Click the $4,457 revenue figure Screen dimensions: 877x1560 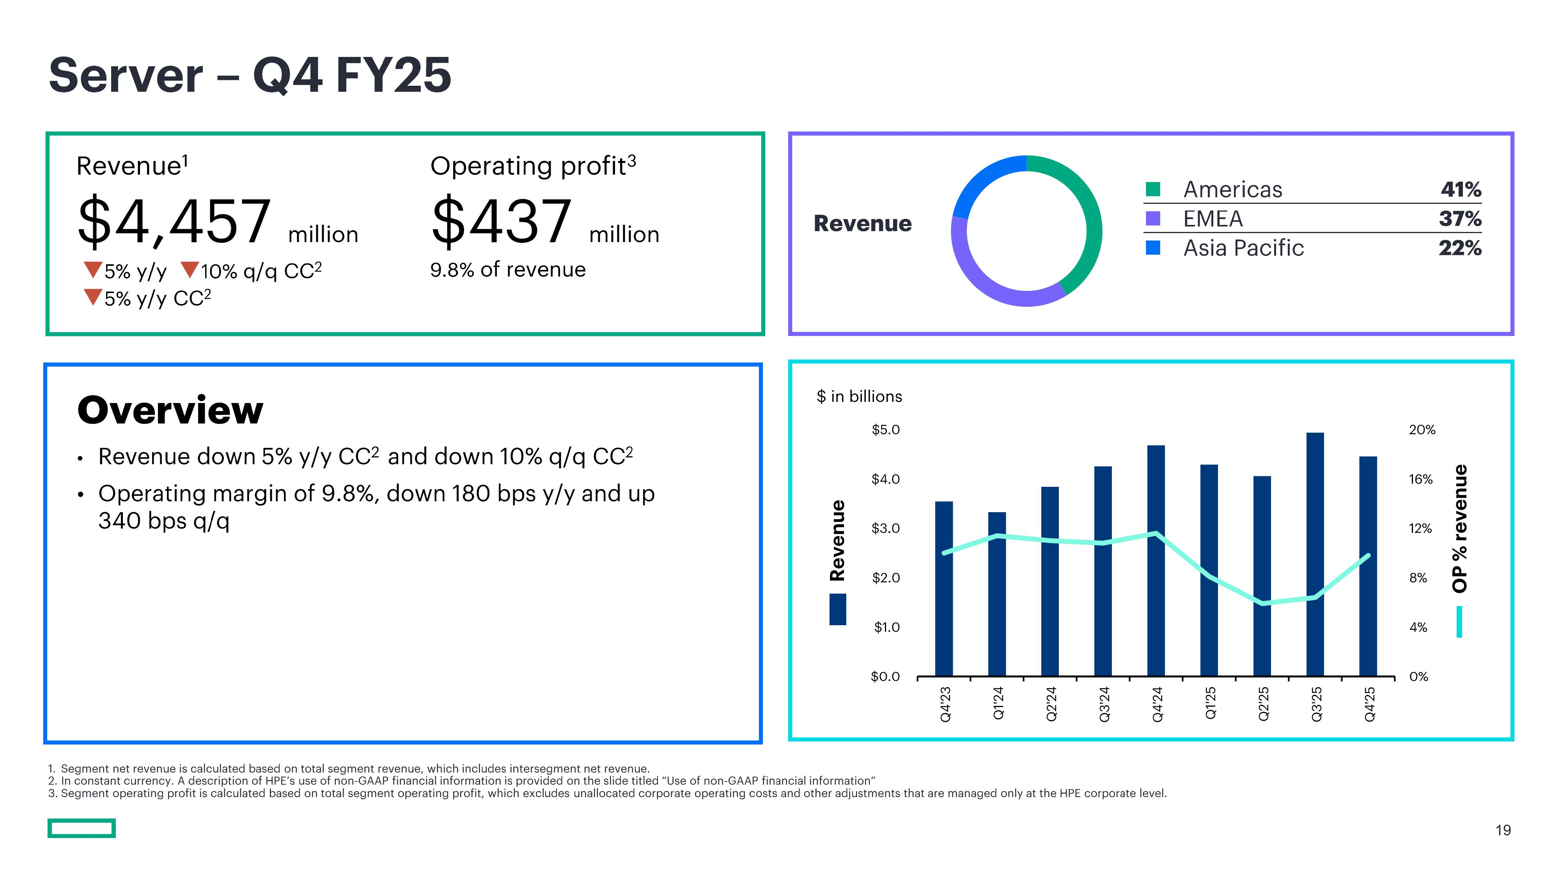point(174,221)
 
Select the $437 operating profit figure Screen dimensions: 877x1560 point(502,221)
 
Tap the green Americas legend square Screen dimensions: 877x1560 point(1153,189)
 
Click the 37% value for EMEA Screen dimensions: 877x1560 point(1460,219)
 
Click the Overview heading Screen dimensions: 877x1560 point(170,410)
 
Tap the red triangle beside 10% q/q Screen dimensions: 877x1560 point(190,269)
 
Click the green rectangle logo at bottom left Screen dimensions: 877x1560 point(82,828)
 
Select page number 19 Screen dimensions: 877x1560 point(1503,830)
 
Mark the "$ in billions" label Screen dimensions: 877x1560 point(859,396)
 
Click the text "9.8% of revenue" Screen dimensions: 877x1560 point(507,269)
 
